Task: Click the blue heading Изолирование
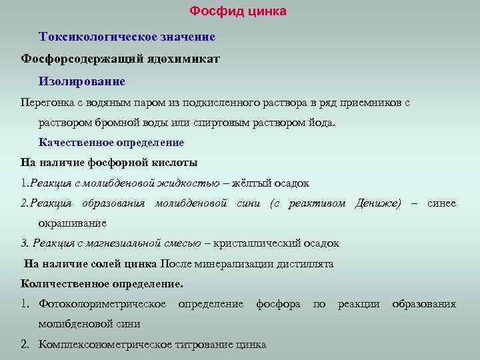coord(82,81)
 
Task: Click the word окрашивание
coord(72,223)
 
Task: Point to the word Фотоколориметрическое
coord(103,304)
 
